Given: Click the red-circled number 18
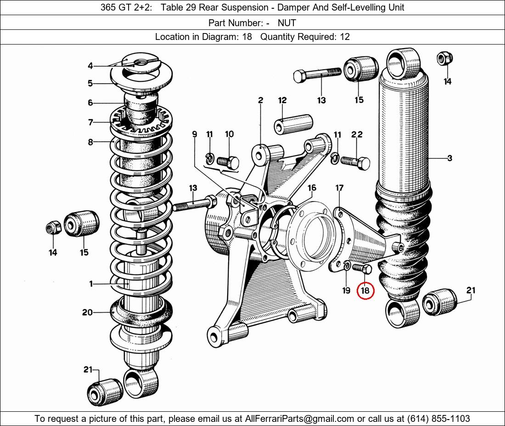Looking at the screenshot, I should pos(365,291).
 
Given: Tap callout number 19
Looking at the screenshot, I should pos(347,290).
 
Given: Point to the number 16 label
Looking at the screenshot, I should pos(312,188).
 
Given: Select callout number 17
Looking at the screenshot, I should pos(339,188).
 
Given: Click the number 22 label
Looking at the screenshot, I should pos(357,135).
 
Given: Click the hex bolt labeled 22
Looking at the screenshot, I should pos(359,162).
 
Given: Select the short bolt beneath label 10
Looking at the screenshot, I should pos(227,162).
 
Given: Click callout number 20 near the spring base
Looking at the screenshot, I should pos(87,312).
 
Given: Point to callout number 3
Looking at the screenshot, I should pos(449,158).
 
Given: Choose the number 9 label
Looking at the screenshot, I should pos(195,134).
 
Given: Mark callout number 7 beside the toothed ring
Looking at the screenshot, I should pos(90,122).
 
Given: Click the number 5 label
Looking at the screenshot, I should pos(90,84).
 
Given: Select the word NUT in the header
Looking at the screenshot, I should pos(287,22).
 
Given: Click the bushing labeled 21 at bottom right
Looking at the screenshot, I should pos(439,303).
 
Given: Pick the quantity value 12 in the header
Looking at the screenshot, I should pos(344,37).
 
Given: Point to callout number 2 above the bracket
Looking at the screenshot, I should pos(260,100).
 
